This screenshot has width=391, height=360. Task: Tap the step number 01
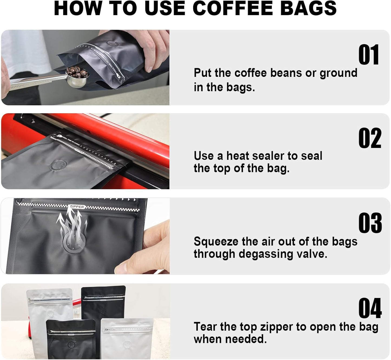click(x=369, y=55)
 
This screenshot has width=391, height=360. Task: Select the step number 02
click(x=370, y=138)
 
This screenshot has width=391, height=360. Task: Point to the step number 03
click(x=370, y=223)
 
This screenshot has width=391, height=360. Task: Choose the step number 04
click(x=370, y=309)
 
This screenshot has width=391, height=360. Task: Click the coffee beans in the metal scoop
click(x=78, y=72)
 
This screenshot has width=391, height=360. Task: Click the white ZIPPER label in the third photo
click(x=77, y=207)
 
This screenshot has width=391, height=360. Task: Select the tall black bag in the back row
click(x=103, y=302)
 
